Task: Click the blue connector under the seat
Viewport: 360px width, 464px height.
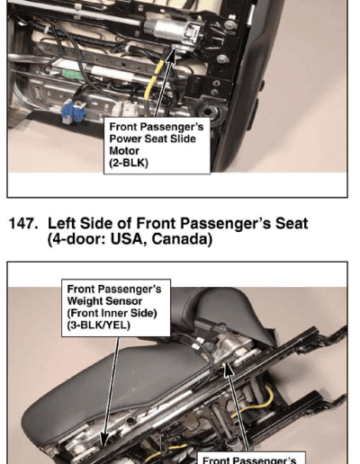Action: click(x=74, y=112)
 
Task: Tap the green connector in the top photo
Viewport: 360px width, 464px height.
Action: click(x=72, y=74)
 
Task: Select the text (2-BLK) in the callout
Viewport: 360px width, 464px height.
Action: click(x=129, y=163)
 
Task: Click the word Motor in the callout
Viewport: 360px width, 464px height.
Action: click(x=124, y=150)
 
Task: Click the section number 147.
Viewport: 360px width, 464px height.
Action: click(x=23, y=224)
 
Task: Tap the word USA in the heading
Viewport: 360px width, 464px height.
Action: click(x=128, y=239)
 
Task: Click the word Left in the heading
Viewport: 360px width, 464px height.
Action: click(x=61, y=224)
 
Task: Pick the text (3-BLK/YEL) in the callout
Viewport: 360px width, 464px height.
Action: click(x=98, y=326)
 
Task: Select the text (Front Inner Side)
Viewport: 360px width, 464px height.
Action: click(x=112, y=313)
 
